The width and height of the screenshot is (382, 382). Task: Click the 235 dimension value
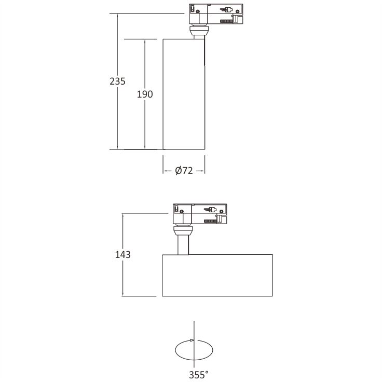[x=117, y=81]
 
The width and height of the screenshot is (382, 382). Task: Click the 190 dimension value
[x=145, y=94]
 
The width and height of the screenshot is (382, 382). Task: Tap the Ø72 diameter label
[x=184, y=171]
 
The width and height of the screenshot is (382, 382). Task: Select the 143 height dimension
[x=123, y=255]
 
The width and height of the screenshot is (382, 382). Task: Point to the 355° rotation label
[x=199, y=374]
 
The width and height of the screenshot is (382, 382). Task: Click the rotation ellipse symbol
[x=175, y=350]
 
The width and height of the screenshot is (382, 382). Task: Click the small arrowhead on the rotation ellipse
[x=192, y=340]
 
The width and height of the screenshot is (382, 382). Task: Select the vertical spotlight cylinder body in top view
[x=184, y=94]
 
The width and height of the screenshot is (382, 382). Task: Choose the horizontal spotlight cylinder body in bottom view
[x=217, y=275]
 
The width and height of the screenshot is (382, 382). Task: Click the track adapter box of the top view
[x=216, y=14]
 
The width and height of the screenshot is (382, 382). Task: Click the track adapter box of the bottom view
[x=200, y=214]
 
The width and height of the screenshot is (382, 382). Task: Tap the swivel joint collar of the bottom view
[x=183, y=230]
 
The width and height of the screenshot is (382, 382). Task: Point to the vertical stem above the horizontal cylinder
[x=183, y=245]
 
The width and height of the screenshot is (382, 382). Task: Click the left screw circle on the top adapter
[x=198, y=11]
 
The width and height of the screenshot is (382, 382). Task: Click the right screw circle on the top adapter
[x=237, y=11]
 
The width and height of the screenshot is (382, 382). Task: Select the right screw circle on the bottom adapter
[x=221, y=211]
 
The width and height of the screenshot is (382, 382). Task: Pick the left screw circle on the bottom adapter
[x=182, y=211]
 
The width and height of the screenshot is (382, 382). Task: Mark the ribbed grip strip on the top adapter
[x=226, y=21]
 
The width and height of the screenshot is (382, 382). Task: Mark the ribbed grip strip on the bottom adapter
[x=210, y=221]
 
